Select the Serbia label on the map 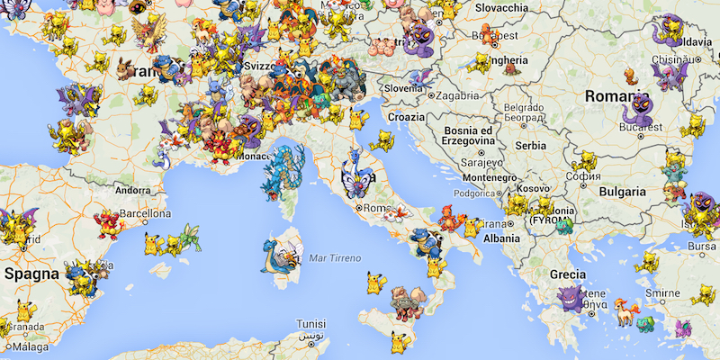(532, 146)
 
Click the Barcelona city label (145, 214)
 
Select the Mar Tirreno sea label (334, 258)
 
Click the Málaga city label (31, 346)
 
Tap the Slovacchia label (502, 7)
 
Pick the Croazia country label (406, 117)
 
